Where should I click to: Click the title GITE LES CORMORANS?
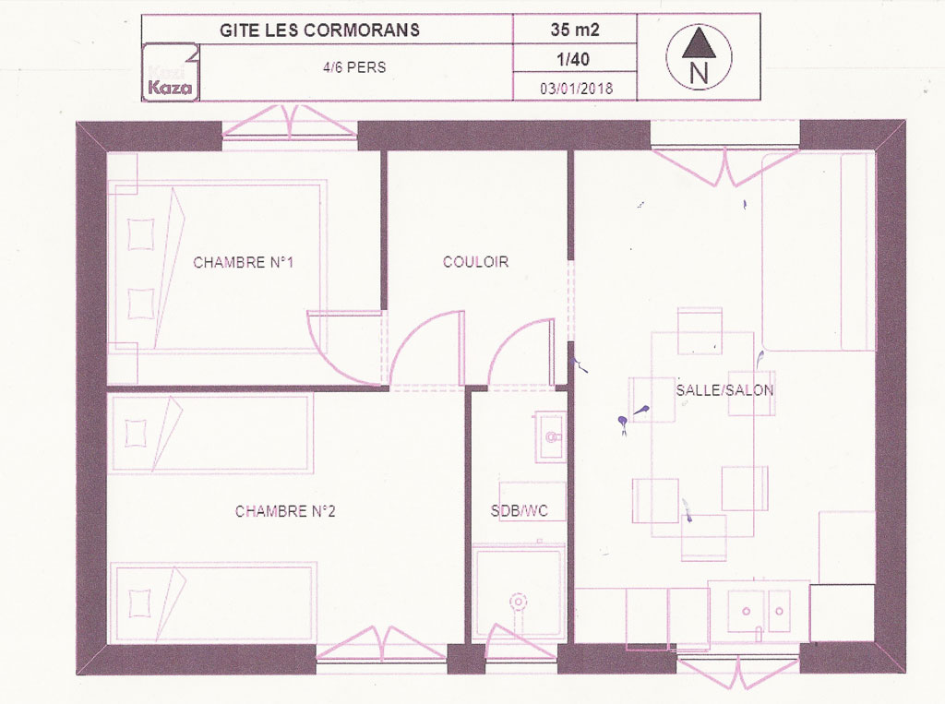pos(319,30)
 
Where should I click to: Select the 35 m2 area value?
pos(574,30)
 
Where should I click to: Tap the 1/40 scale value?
pos(573,59)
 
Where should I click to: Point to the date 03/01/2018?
pos(576,89)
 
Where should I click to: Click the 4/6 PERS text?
pos(354,67)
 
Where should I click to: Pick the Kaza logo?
pos(171,72)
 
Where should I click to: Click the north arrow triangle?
pos(699,43)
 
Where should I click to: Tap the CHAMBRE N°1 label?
pos(243,262)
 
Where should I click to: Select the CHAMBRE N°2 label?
pos(285,511)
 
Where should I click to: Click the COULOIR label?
pos(475,262)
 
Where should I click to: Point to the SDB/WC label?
pos(519,511)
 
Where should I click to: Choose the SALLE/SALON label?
pos(724,390)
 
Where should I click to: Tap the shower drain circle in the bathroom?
pos(518,602)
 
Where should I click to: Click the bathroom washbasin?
pos(550,437)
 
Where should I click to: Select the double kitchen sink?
pos(759,610)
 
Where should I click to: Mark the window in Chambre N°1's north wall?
pos(290,127)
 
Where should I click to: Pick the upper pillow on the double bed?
pos(141,233)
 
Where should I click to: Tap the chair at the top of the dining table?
pos(700,330)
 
